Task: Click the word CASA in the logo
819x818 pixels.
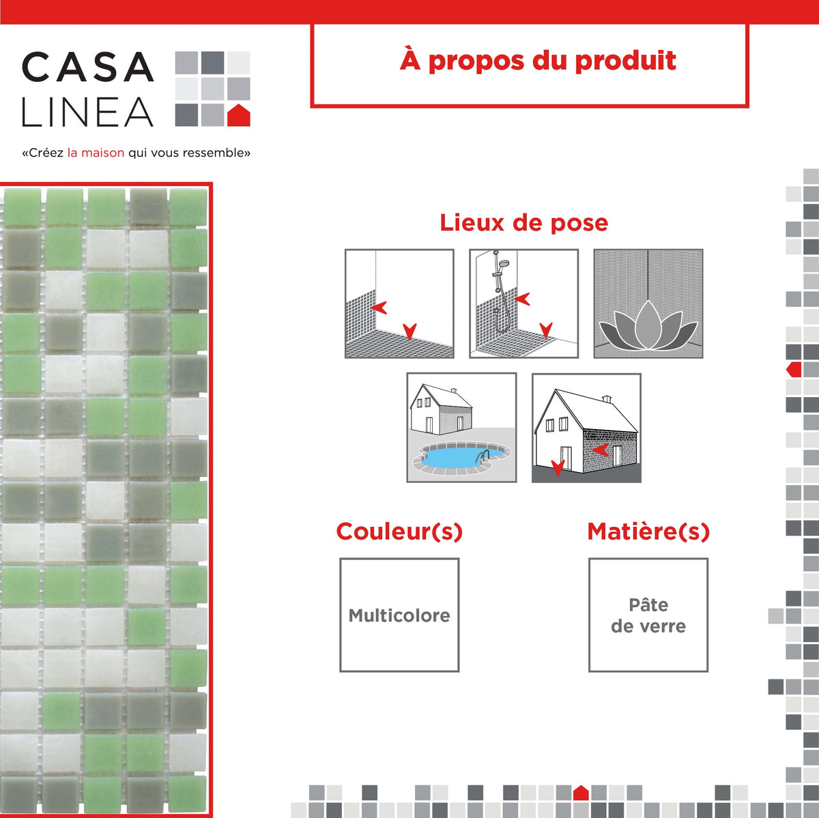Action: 87,68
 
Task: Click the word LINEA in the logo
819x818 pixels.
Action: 87,113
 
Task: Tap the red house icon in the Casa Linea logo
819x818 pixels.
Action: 238,115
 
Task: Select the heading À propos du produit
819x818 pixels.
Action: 537,61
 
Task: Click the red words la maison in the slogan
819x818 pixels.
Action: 96,153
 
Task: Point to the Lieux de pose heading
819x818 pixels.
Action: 523,222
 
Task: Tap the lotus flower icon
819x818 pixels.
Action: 647,329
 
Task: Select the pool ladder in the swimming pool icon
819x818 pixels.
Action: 483,456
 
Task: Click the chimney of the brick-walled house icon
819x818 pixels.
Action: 606,398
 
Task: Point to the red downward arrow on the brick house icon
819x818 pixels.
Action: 558,468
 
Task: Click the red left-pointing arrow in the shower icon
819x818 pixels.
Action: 523,299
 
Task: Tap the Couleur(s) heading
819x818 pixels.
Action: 399,531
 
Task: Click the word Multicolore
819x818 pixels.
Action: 399,615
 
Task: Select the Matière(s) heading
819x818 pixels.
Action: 648,531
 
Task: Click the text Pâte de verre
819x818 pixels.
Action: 648,615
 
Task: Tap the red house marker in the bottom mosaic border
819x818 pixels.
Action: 581,793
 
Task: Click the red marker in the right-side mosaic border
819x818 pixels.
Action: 794,370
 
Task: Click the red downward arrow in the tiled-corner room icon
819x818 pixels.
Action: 409,332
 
